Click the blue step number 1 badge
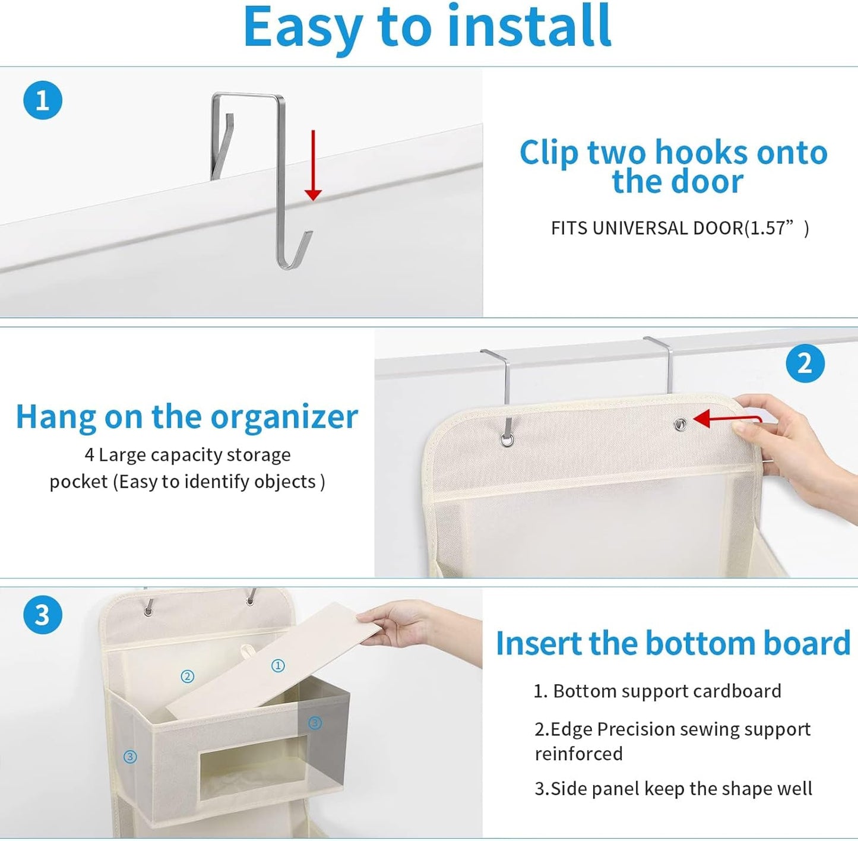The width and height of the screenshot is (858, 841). tap(43, 100)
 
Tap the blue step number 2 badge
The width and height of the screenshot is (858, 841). tap(805, 363)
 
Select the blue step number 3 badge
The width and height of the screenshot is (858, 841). tap(43, 615)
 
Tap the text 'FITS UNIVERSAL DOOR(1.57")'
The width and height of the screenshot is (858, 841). tap(679, 228)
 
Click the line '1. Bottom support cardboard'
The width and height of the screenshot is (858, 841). tap(657, 691)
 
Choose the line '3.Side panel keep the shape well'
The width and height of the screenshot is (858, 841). tap(673, 789)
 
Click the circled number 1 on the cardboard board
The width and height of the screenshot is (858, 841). tap(278, 666)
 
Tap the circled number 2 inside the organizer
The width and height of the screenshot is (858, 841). tap(188, 676)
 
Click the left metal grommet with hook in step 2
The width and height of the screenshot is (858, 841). tap(507, 440)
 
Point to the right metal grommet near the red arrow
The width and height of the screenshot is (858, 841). tap(680, 424)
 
